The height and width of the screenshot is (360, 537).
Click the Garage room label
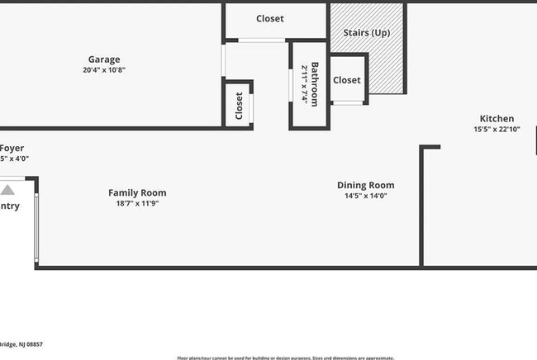point(104,59)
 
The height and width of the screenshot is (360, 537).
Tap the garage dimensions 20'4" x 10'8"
point(104,70)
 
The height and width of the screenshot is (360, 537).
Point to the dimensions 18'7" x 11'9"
point(137,203)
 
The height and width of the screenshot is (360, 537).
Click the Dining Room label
point(365,185)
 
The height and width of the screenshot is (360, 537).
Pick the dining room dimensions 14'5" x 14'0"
point(365,196)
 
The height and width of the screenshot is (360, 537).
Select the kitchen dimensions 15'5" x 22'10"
point(496,130)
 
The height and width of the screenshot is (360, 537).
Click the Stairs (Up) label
point(366,33)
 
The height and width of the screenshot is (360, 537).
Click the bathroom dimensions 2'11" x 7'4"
point(305,85)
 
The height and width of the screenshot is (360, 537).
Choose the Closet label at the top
point(269,19)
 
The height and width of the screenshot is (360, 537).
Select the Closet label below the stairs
point(347,80)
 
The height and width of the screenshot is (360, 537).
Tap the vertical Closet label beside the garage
point(239,106)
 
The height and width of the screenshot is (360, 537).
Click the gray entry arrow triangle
point(7,190)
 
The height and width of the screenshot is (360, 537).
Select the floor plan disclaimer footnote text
point(285,358)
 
